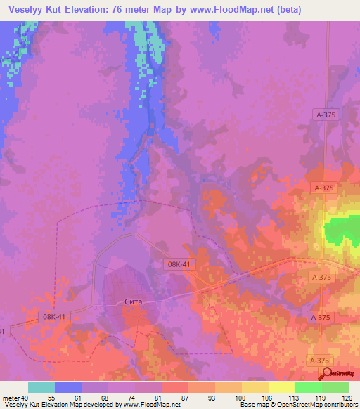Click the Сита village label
(x=132, y=301)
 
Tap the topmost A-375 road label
(x=325, y=114)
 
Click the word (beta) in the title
(x=288, y=10)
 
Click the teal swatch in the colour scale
(x=41, y=387)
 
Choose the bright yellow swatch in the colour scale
(x=281, y=387)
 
